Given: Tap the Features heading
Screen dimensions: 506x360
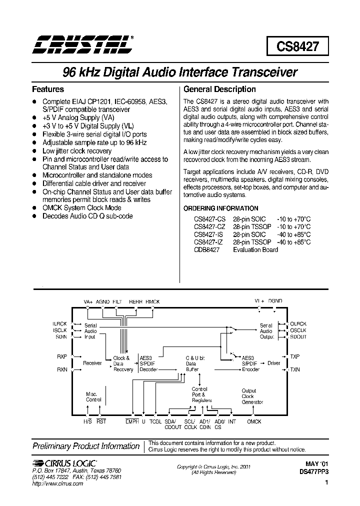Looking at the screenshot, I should (48, 89).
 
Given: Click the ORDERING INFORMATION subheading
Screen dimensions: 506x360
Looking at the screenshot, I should (221, 208).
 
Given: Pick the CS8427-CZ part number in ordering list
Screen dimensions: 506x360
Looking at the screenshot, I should (210, 226).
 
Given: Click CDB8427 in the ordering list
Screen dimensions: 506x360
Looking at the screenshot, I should (206, 249).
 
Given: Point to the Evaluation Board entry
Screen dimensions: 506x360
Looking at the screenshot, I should (255, 249).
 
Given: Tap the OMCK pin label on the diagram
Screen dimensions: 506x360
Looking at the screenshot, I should (254, 421).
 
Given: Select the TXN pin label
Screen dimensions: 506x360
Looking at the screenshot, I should (295, 369).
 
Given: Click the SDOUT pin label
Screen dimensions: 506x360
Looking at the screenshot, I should (298, 337).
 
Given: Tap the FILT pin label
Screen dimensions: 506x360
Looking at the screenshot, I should (116, 302).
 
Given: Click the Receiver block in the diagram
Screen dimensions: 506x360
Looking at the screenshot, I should (92, 363).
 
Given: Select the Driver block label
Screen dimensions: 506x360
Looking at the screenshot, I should (273, 363).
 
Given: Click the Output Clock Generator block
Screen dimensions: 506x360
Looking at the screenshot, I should (252, 396).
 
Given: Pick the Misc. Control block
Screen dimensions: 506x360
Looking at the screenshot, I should (93, 396).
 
